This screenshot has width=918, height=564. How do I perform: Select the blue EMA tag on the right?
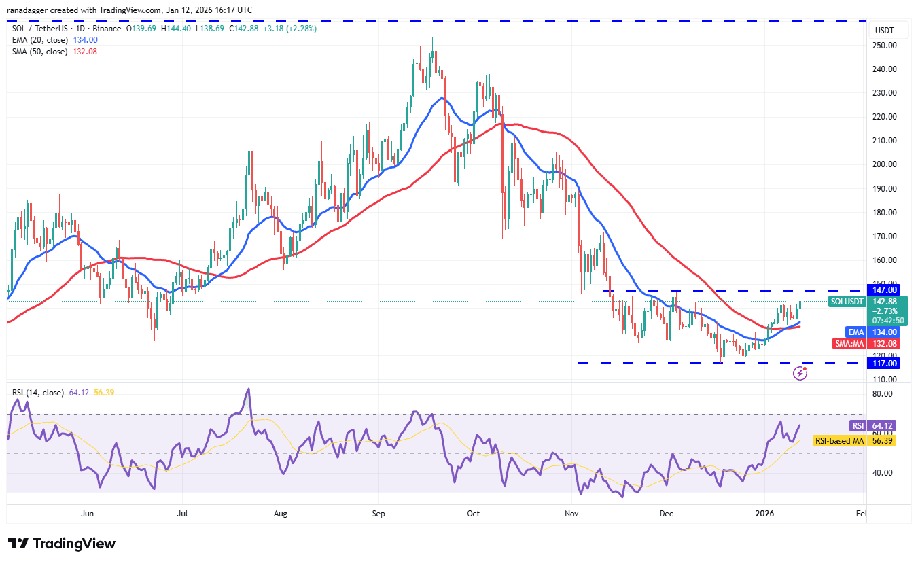tap(855, 332)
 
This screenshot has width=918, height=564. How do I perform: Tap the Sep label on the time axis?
tap(378, 514)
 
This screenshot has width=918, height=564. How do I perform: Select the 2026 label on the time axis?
tap(766, 514)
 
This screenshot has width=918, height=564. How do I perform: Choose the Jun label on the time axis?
tap(87, 514)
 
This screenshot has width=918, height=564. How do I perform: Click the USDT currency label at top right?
tap(884, 31)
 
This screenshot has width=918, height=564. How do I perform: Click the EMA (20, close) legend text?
tap(39, 40)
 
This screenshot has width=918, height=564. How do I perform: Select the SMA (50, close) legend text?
tap(39, 52)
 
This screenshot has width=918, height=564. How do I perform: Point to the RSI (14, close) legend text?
tap(38, 393)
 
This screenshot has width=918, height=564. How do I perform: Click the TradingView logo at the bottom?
tap(62, 544)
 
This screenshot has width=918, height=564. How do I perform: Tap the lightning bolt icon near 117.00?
tap(800, 373)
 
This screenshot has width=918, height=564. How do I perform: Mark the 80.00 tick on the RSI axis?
tap(883, 394)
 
